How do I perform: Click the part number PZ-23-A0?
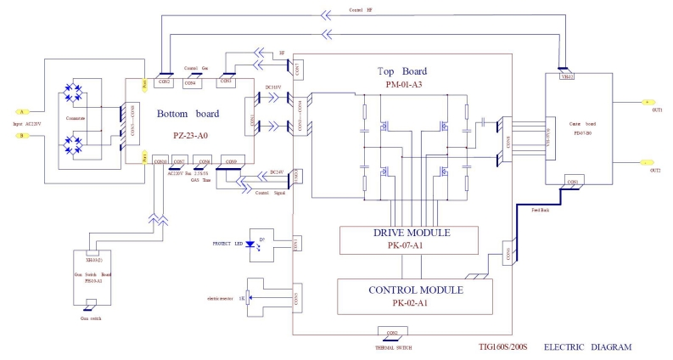[189, 135]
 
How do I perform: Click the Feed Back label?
[540, 208]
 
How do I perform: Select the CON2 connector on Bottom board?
[164, 82]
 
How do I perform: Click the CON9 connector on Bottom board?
[230, 161]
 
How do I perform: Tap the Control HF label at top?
[360, 9]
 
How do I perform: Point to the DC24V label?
[276, 172]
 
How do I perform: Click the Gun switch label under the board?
[91, 318]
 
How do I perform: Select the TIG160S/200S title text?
[501, 347]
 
